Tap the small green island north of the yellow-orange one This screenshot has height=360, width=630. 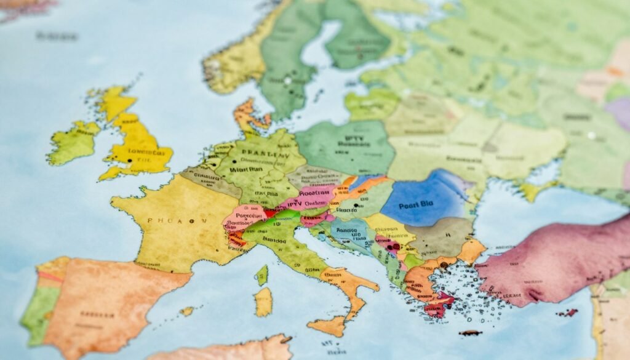[x=263, y=274]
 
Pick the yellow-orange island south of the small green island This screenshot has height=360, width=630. [x=263, y=302]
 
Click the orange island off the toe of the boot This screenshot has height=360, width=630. [x=327, y=326]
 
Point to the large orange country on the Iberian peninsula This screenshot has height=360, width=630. [x=111, y=302]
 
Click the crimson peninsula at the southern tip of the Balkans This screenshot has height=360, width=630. [x=438, y=305]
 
